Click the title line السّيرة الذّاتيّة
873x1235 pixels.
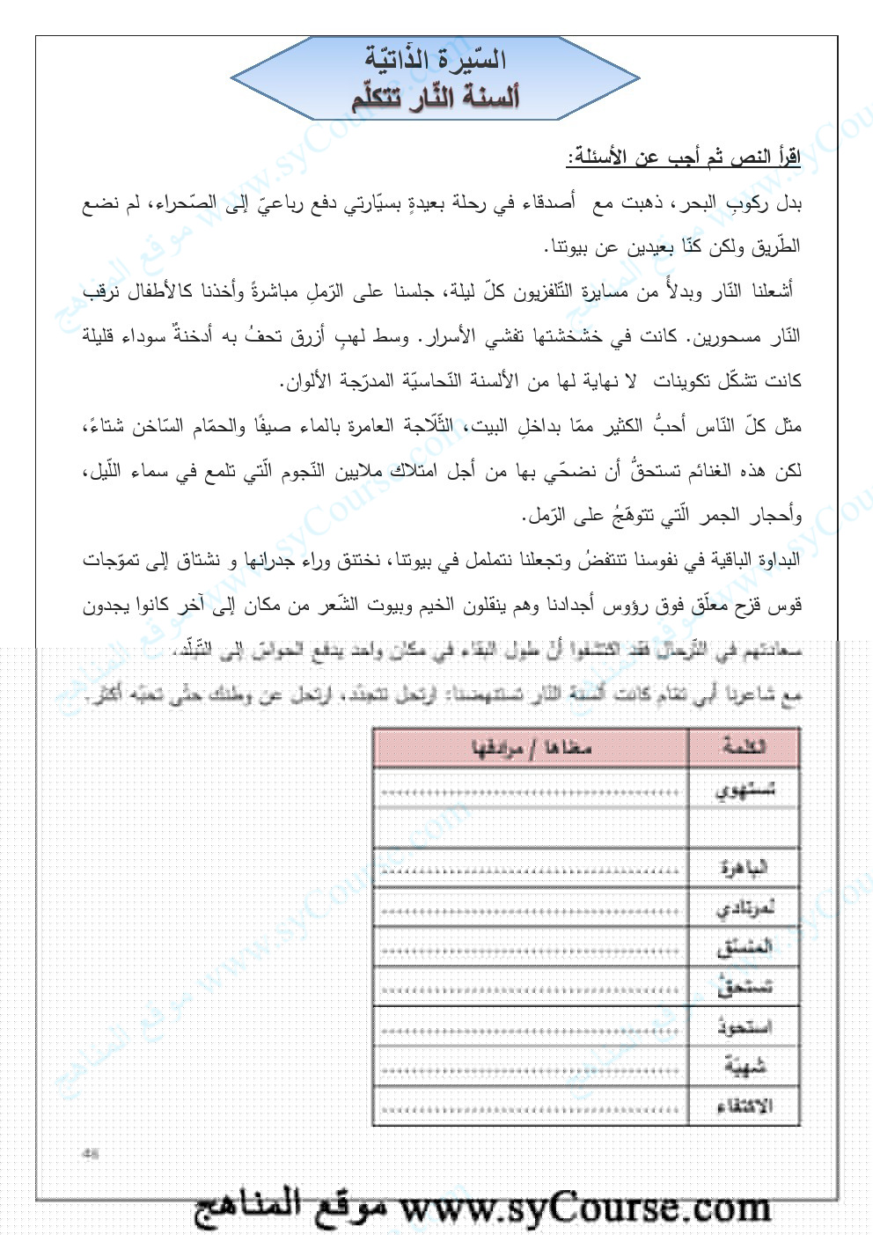click(436, 60)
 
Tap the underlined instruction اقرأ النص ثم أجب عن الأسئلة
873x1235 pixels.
click(683, 159)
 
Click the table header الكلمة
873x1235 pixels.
click(745, 747)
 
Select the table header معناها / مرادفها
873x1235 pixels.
click(532, 747)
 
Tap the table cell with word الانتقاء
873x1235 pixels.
click(745, 1106)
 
